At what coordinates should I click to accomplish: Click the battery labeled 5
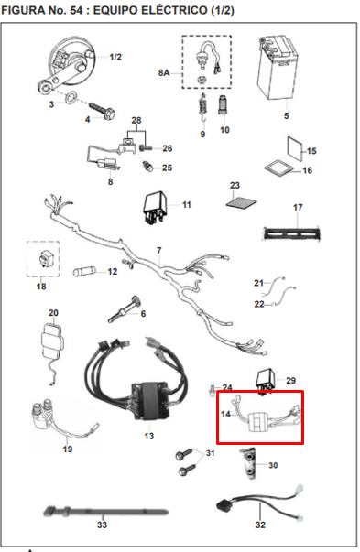(x=278, y=68)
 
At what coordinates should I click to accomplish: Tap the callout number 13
(x=149, y=436)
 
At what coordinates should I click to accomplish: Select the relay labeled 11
(x=155, y=209)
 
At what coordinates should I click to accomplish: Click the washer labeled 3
(x=71, y=96)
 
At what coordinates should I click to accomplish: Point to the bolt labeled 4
(x=102, y=110)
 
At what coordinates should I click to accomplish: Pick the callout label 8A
(x=164, y=73)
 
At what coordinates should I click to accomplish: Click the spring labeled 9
(x=202, y=107)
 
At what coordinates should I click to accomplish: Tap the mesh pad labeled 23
(x=241, y=202)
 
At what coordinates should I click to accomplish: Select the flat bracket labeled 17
(x=292, y=233)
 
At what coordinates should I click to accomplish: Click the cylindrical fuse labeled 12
(x=84, y=272)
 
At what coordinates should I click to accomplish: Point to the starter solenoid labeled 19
(x=63, y=421)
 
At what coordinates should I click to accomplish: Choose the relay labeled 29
(x=266, y=381)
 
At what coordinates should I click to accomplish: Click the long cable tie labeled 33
(x=105, y=512)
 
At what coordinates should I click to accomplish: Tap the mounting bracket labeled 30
(x=249, y=463)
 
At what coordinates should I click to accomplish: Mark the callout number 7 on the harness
(x=159, y=250)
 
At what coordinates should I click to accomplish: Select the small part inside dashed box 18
(x=44, y=259)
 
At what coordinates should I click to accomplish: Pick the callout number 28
(x=136, y=121)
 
